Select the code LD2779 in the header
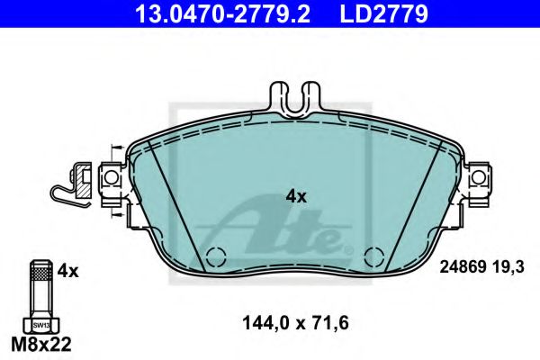click(370, 13)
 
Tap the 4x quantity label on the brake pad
click(295, 195)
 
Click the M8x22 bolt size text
click(40, 343)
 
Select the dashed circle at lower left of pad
click(215, 256)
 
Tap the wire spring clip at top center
click(295, 101)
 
